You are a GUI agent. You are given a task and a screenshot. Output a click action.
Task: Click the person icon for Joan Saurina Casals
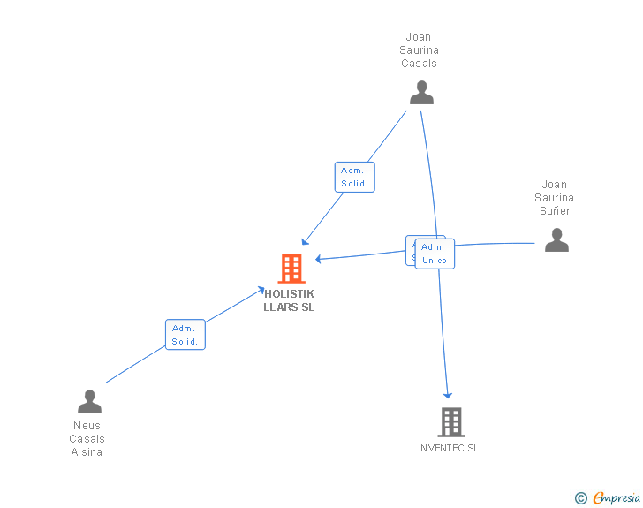pos(421,93)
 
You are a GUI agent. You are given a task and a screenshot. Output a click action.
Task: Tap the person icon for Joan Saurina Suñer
pos(556,240)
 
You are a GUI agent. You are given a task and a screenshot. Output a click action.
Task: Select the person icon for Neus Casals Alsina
pos(89,402)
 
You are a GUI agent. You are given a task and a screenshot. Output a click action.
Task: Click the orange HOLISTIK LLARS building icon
pos(291,269)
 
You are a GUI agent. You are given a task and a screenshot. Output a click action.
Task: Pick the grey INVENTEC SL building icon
pos(450,422)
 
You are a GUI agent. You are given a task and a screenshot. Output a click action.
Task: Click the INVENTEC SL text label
pos(449,448)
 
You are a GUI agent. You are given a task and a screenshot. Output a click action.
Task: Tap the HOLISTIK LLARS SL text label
pos(289,300)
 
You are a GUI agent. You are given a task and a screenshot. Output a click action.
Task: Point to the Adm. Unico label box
pos(435,254)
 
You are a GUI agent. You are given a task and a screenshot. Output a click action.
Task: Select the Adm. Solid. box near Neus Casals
pos(185,335)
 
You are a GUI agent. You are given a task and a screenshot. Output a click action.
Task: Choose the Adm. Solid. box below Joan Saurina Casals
pos(355,178)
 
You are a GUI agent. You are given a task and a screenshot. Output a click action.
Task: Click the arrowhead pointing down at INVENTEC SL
pos(448,394)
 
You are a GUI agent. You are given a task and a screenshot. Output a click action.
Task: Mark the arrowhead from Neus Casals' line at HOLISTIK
pos(261,289)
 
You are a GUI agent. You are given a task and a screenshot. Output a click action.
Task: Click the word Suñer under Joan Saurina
pos(555,211)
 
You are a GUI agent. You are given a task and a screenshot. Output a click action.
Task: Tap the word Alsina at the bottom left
pos(87,452)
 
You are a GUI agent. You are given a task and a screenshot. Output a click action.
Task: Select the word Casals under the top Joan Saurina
pos(419,64)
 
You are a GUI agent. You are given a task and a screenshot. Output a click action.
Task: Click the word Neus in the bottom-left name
pos(87,426)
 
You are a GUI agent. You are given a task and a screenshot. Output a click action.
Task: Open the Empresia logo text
pos(617,499)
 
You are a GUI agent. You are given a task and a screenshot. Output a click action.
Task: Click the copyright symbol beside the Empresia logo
pos(581,499)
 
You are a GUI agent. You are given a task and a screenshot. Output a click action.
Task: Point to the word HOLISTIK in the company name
pos(289,294)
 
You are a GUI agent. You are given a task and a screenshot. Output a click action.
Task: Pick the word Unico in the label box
pos(435,261)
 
